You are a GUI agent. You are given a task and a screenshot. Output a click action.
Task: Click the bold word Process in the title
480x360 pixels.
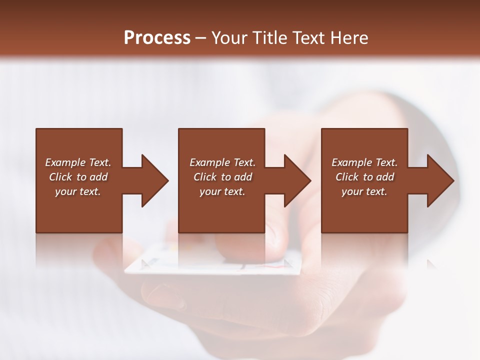tap(157, 38)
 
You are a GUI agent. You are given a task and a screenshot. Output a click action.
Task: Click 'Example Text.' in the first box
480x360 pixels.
tap(78, 162)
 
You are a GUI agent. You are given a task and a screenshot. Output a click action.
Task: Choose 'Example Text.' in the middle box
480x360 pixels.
tap(222, 162)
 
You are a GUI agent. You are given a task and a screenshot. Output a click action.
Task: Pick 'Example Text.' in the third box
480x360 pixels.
tap(364, 162)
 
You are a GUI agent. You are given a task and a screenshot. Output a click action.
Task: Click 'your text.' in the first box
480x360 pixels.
tap(78, 191)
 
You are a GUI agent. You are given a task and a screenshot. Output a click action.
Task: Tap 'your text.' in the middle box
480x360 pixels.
tap(222, 191)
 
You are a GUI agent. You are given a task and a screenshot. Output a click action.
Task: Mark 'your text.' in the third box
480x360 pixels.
tap(364, 191)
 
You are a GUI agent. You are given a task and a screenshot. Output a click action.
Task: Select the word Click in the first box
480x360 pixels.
tap(60, 177)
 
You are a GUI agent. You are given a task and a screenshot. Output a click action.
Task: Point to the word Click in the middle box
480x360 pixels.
tap(205, 177)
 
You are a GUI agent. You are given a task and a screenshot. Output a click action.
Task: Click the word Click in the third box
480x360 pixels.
tap(347, 177)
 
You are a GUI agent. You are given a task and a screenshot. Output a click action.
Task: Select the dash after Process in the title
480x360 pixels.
tap(201, 38)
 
